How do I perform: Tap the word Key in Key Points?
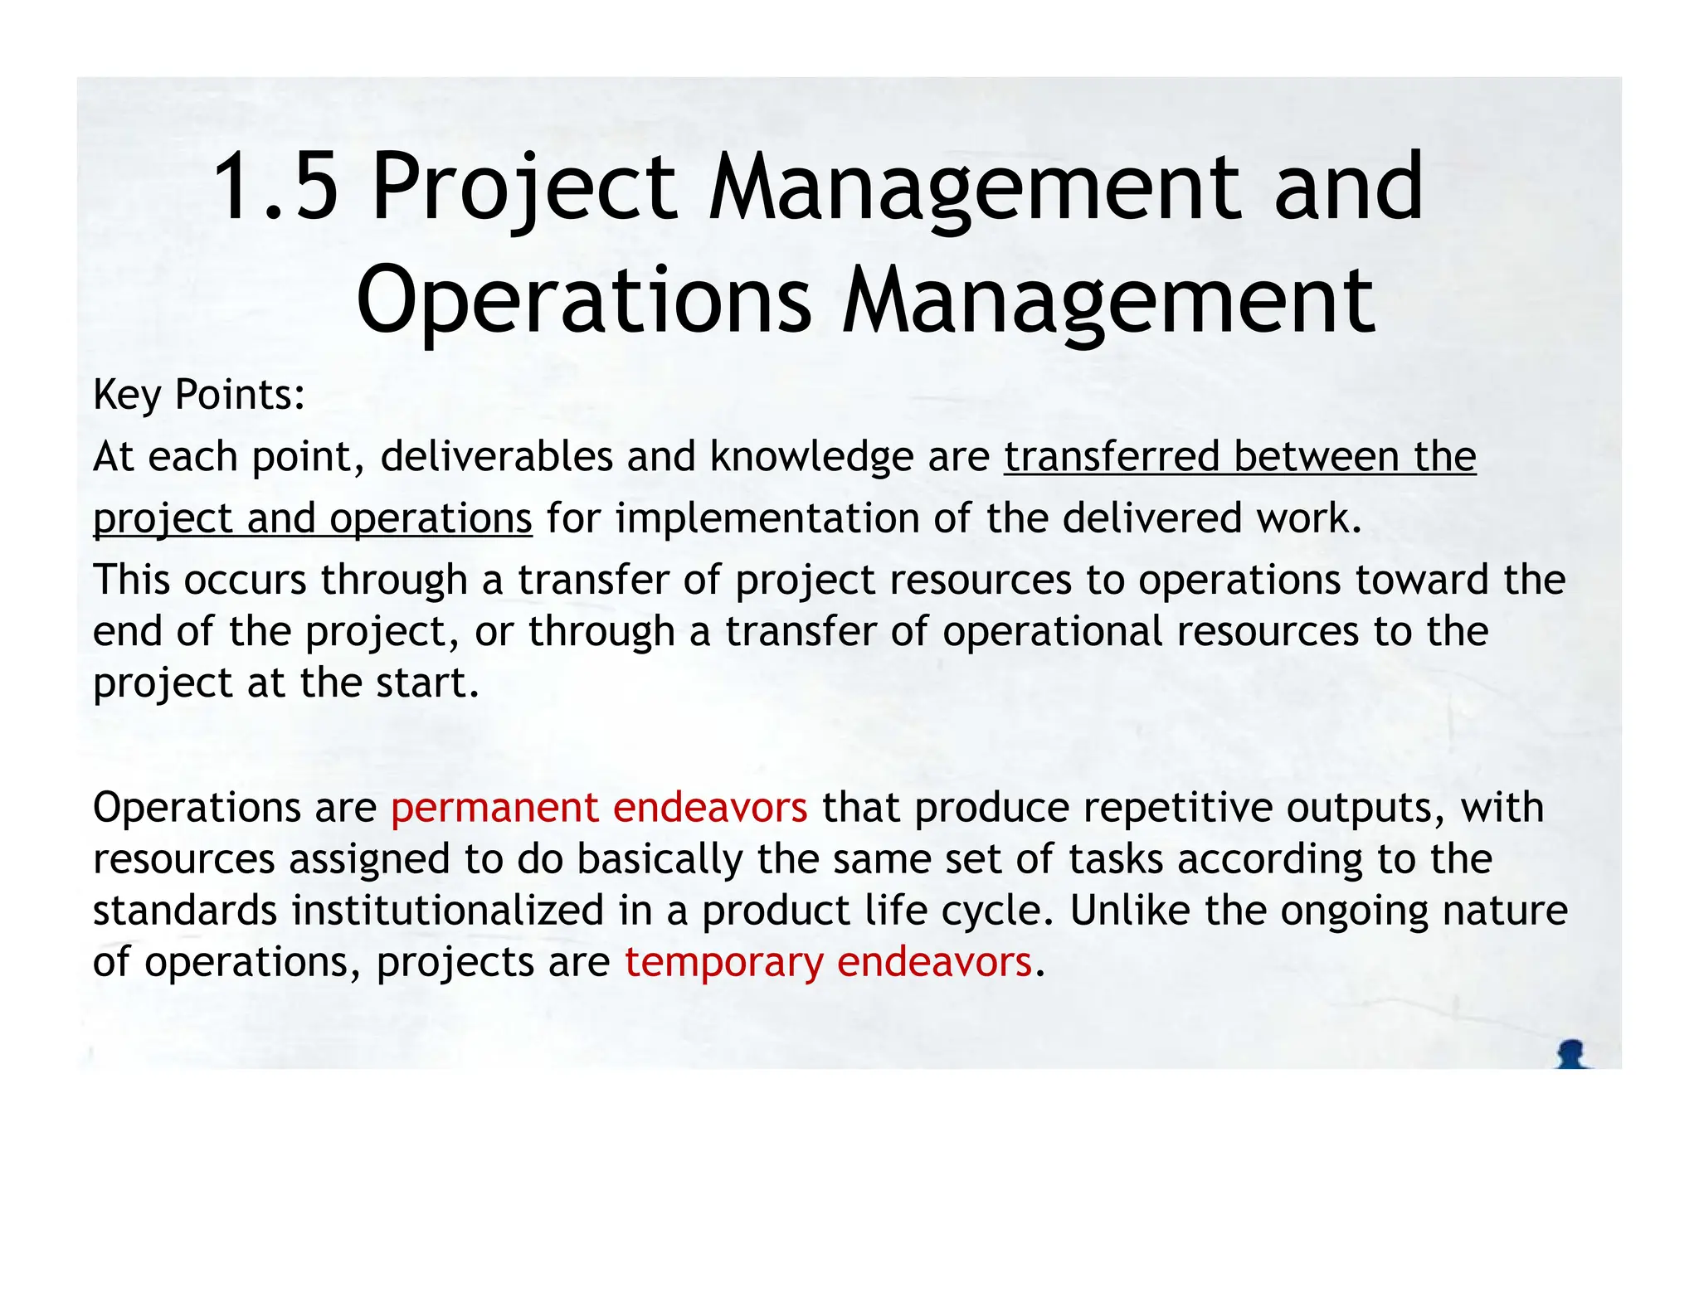(126, 395)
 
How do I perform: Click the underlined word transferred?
(1111, 457)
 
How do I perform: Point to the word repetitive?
(1177, 808)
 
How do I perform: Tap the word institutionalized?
(447, 911)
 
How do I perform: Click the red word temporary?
(723, 964)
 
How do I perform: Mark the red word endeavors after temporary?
(934, 963)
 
